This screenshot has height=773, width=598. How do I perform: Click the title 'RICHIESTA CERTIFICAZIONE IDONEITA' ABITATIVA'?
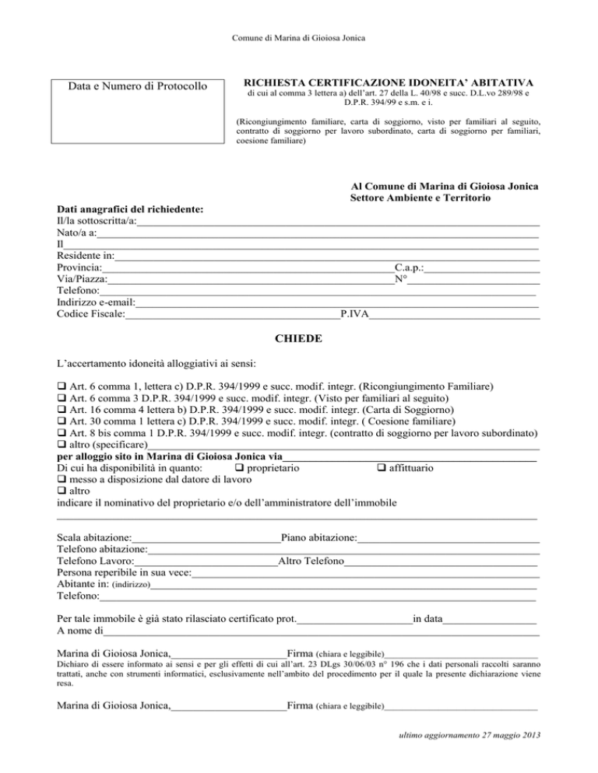click(x=389, y=81)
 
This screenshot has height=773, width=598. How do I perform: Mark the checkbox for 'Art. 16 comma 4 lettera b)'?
click(x=62, y=410)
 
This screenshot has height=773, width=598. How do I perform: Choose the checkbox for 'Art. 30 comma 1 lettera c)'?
click(x=62, y=421)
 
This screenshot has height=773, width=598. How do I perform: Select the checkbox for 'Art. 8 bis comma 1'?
click(x=62, y=433)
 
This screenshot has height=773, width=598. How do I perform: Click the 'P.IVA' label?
click(x=354, y=314)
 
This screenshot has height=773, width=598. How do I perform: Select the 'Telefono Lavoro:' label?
click(x=96, y=561)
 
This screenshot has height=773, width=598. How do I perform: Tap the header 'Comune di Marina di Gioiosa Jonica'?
click(x=299, y=37)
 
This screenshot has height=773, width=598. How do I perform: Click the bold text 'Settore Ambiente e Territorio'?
click(x=420, y=200)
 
